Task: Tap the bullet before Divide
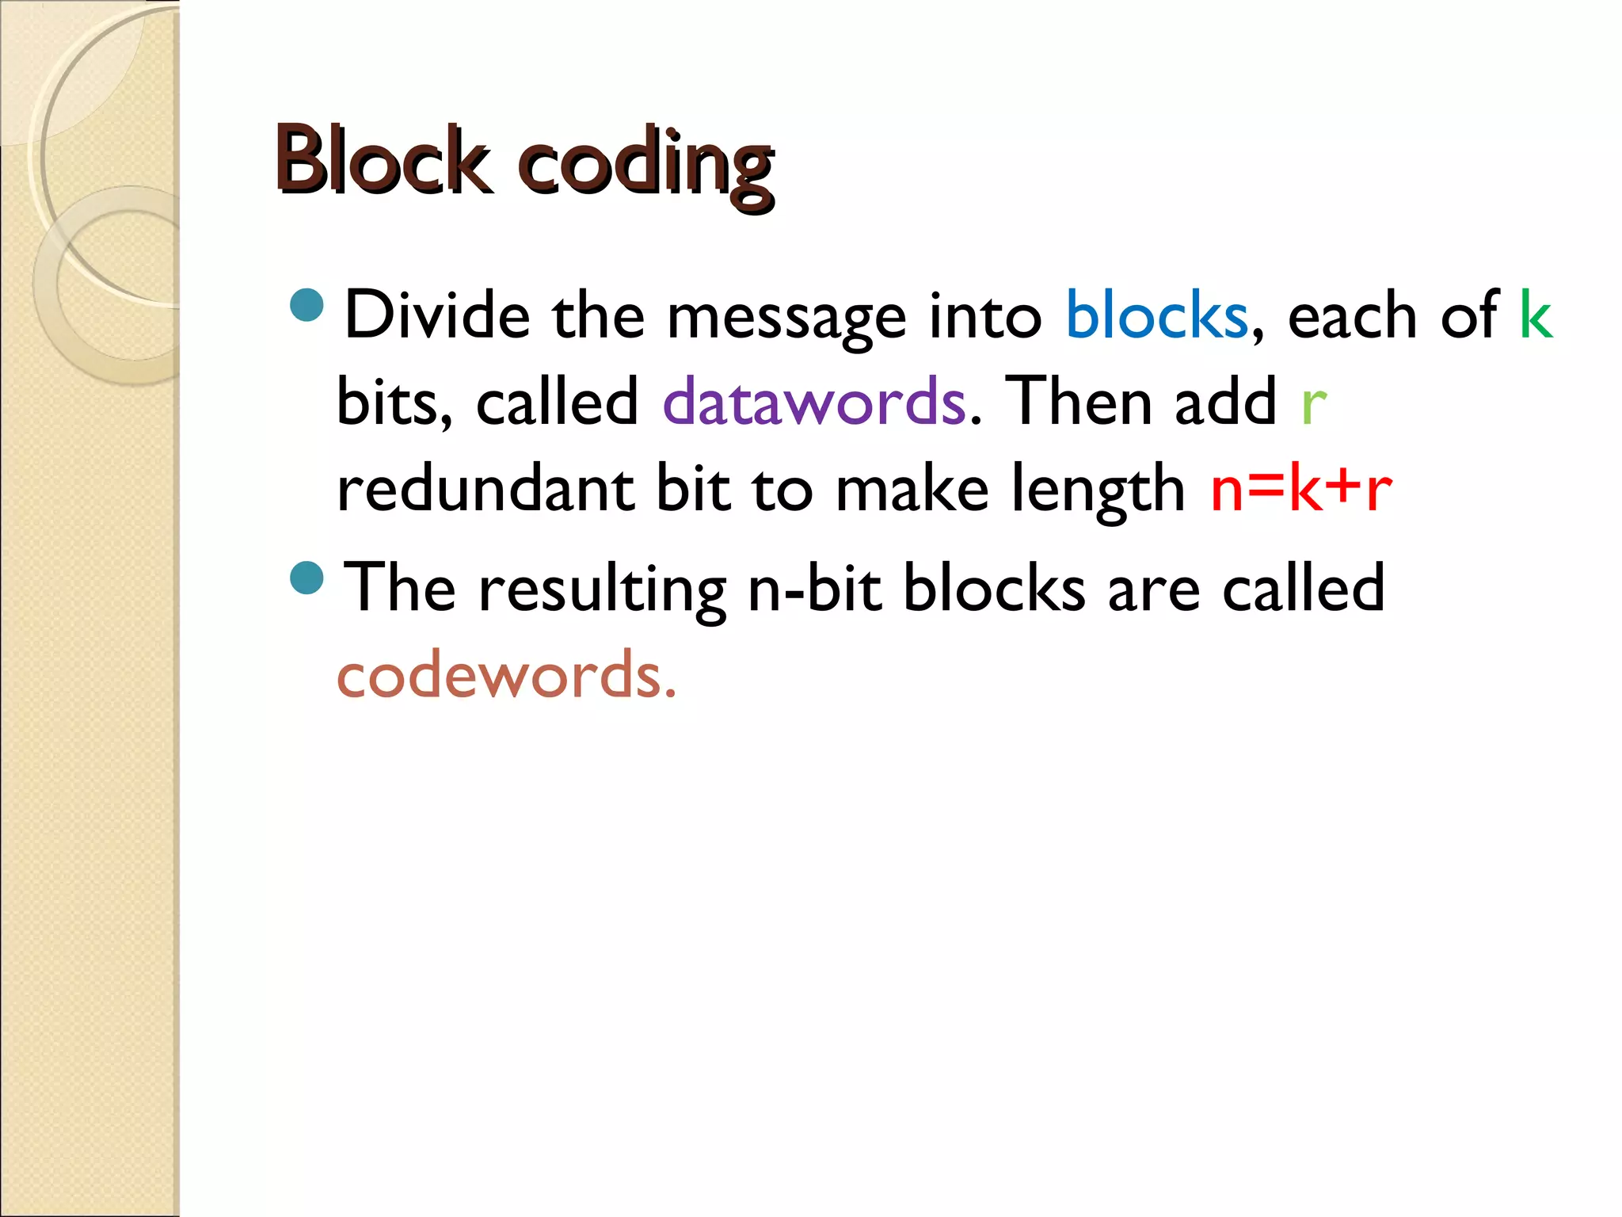tap(307, 305)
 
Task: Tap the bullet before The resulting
tap(307, 578)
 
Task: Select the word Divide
tap(437, 315)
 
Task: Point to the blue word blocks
tap(1156, 315)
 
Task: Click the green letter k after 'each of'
tap(1535, 315)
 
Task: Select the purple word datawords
tap(814, 402)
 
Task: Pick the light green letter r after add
tap(1313, 404)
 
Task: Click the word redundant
tap(485, 488)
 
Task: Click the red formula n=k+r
tap(1300, 489)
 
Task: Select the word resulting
tap(602, 590)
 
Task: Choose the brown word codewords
tap(507, 676)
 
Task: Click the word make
tap(912, 489)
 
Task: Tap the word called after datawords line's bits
tap(557, 402)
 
